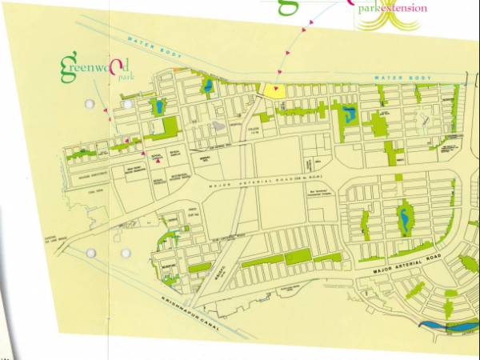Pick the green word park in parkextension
pos(368,9)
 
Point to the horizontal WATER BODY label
pos(396,78)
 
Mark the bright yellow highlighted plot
pos(275,91)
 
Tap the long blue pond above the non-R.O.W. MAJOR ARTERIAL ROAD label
pos(404,216)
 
